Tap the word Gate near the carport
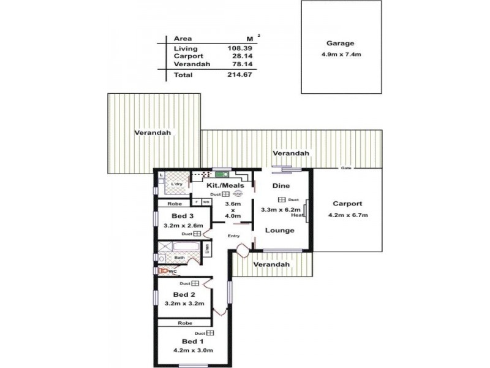pyautogui.click(x=347, y=168)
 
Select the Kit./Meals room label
pyautogui.click(x=225, y=185)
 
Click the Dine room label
pyautogui.click(x=281, y=185)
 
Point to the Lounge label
pyautogui.click(x=280, y=230)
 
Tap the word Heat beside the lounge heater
pyautogui.click(x=298, y=215)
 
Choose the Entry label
pyautogui.click(x=234, y=236)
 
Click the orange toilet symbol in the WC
pyautogui.click(x=163, y=269)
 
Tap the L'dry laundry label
pyautogui.click(x=176, y=184)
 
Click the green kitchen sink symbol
pyautogui.click(x=219, y=175)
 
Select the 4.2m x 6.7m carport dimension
pyautogui.click(x=347, y=215)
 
